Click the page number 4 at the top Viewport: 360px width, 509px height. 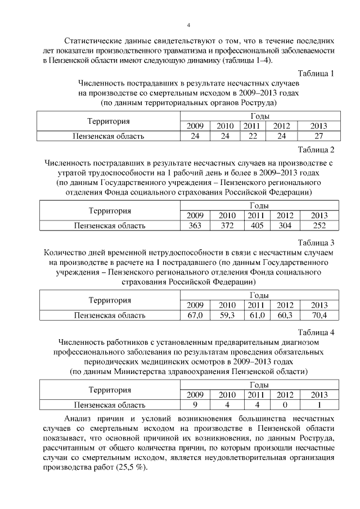pyautogui.click(x=188, y=24)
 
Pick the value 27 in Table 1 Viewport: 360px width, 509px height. pyautogui.click(x=318, y=136)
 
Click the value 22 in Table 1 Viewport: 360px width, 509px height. pyautogui.click(x=253, y=136)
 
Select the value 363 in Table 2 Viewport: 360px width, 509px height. pyautogui.click(x=195, y=226)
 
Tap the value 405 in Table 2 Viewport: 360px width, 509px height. pyautogui.click(x=256, y=226)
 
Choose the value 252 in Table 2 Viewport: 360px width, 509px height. pyautogui.click(x=319, y=226)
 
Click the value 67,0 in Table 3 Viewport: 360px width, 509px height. pyautogui.click(x=195, y=315)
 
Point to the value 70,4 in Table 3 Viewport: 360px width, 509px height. pyautogui.click(x=319, y=315)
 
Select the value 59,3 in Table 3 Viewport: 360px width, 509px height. pyautogui.click(x=227, y=315)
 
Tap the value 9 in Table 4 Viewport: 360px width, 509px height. pyautogui.click(x=195, y=404)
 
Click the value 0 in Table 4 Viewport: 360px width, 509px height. pyautogui.click(x=285, y=404)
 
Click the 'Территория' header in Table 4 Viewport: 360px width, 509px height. pyautogui.click(x=110, y=390)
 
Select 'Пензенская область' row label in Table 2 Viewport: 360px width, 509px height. pyautogui.click(x=110, y=226)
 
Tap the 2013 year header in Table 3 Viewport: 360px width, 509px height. pyautogui.click(x=319, y=305)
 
